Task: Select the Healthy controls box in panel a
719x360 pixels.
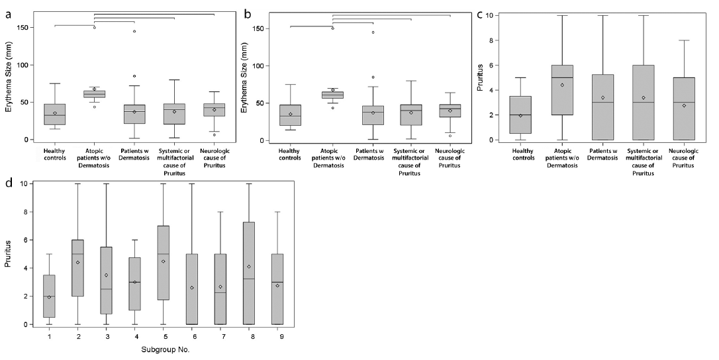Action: [x=55, y=114]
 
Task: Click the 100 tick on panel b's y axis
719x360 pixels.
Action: [x=262, y=66]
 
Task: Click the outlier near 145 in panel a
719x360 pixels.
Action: [x=134, y=31]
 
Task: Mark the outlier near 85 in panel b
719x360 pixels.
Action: [x=371, y=77]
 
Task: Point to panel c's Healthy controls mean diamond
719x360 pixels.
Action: [x=520, y=115]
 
